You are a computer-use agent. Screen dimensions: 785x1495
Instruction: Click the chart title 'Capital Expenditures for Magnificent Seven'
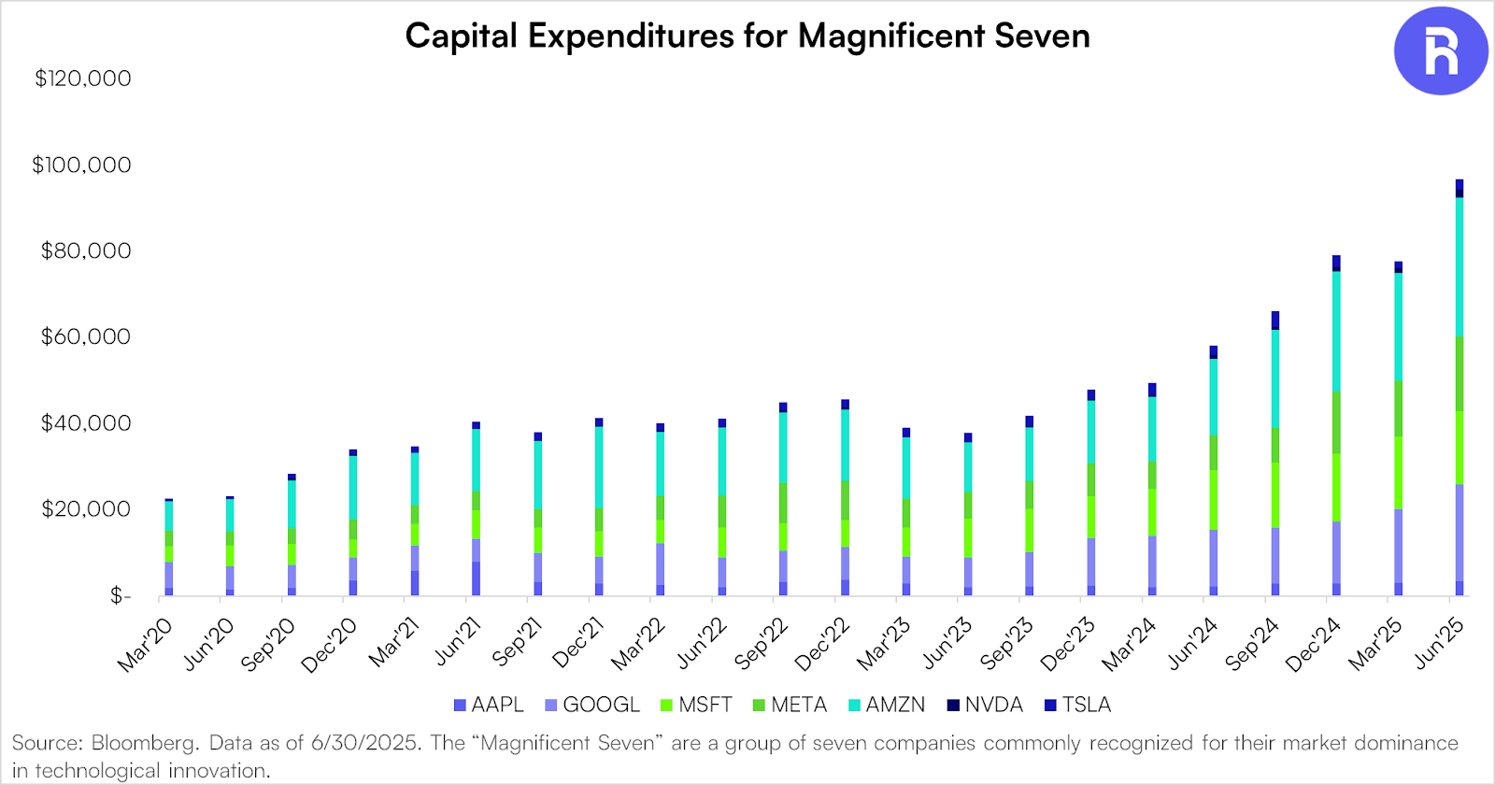pyautogui.click(x=747, y=36)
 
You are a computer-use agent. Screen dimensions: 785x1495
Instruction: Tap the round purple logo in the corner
pyautogui.click(x=1440, y=50)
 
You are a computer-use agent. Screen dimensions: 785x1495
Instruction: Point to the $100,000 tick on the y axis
pyautogui.click(x=82, y=165)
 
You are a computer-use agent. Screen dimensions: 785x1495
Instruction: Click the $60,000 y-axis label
pyautogui.click(x=86, y=337)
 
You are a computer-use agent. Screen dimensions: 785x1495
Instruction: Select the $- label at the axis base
pyautogui.click(x=121, y=595)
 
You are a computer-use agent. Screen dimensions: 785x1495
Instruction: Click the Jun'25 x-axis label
pyautogui.click(x=1439, y=644)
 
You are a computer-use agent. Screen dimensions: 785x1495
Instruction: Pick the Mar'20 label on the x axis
pyautogui.click(x=145, y=645)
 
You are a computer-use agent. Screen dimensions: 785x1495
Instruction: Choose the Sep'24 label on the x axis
pyautogui.click(x=1252, y=645)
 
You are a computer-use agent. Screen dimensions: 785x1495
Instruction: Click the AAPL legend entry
pyautogui.click(x=489, y=705)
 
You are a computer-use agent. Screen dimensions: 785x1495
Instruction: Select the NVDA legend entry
pyautogui.click(x=985, y=705)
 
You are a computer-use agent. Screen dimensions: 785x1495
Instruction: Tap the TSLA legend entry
pyautogui.click(x=1077, y=705)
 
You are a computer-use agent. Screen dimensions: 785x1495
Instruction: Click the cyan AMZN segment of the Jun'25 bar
pyautogui.click(x=1459, y=266)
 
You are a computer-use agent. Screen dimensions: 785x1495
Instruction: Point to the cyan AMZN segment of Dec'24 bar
pyautogui.click(x=1336, y=332)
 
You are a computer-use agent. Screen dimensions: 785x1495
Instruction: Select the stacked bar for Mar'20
pyautogui.click(x=169, y=548)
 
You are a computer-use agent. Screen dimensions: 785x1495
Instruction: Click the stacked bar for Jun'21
pyautogui.click(x=476, y=509)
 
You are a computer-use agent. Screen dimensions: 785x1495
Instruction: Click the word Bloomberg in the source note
pyautogui.click(x=144, y=744)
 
